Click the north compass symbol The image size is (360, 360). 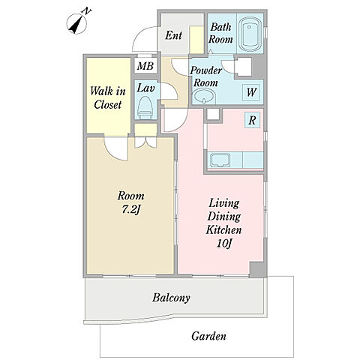point(77,24)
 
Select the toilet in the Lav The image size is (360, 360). point(145,108)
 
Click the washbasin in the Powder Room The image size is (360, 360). point(204,97)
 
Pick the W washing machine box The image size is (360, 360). point(250,92)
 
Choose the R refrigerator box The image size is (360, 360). point(252,121)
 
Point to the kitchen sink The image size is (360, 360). point(220,160)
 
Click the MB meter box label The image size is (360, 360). point(145,66)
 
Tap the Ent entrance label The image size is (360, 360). point(173,35)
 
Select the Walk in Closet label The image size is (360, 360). point(108,97)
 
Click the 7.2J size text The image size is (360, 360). point(130,209)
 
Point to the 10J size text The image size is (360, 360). point(223,243)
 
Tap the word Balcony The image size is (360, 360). point(171,298)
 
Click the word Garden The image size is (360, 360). point(208,336)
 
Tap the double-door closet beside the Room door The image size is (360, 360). point(145,142)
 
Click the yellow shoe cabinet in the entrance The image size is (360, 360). point(196,40)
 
